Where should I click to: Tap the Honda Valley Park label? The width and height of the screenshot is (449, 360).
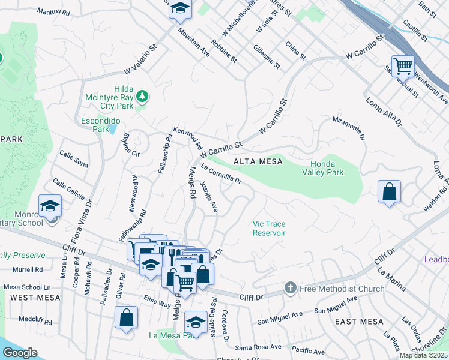click(x=327, y=168)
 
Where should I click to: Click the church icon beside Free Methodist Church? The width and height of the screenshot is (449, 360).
click(x=290, y=289)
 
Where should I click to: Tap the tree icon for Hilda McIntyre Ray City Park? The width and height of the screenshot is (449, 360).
click(x=142, y=95)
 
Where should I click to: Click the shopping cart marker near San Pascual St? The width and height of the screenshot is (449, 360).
click(x=402, y=65)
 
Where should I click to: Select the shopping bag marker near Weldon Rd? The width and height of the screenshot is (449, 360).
click(x=390, y=192)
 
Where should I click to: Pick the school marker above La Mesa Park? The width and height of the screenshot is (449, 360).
click(x=196, y=322)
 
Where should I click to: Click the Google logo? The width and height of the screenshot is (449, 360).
click(x=20, y=352)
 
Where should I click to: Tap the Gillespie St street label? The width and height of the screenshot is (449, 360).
click(x=267, y=56)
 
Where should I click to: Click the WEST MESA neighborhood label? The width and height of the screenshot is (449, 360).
click(x=35, y=298)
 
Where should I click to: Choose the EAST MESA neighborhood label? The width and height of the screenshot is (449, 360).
click(x=359, y=322)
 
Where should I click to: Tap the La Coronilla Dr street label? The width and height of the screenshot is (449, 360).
click(x=221, y=174)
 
